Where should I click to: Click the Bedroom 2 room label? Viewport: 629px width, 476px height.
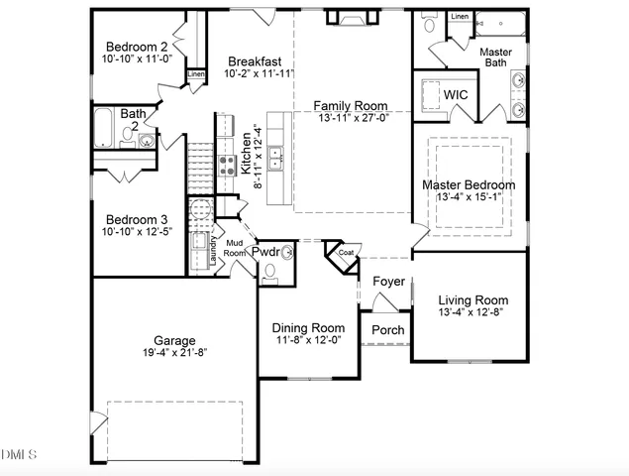[137, 47]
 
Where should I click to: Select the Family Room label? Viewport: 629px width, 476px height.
[351, 105]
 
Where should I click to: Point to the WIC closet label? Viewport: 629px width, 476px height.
[456, 94]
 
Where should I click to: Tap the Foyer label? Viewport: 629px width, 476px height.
[388, 282]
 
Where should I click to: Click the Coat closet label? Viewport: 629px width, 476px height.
[346, 253]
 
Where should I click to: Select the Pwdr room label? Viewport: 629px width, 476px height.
[265, 252]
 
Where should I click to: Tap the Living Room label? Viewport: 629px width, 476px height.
[473, 300]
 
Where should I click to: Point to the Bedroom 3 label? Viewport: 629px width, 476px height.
[137, 219]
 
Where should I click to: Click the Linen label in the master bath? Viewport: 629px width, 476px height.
[460, 17]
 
